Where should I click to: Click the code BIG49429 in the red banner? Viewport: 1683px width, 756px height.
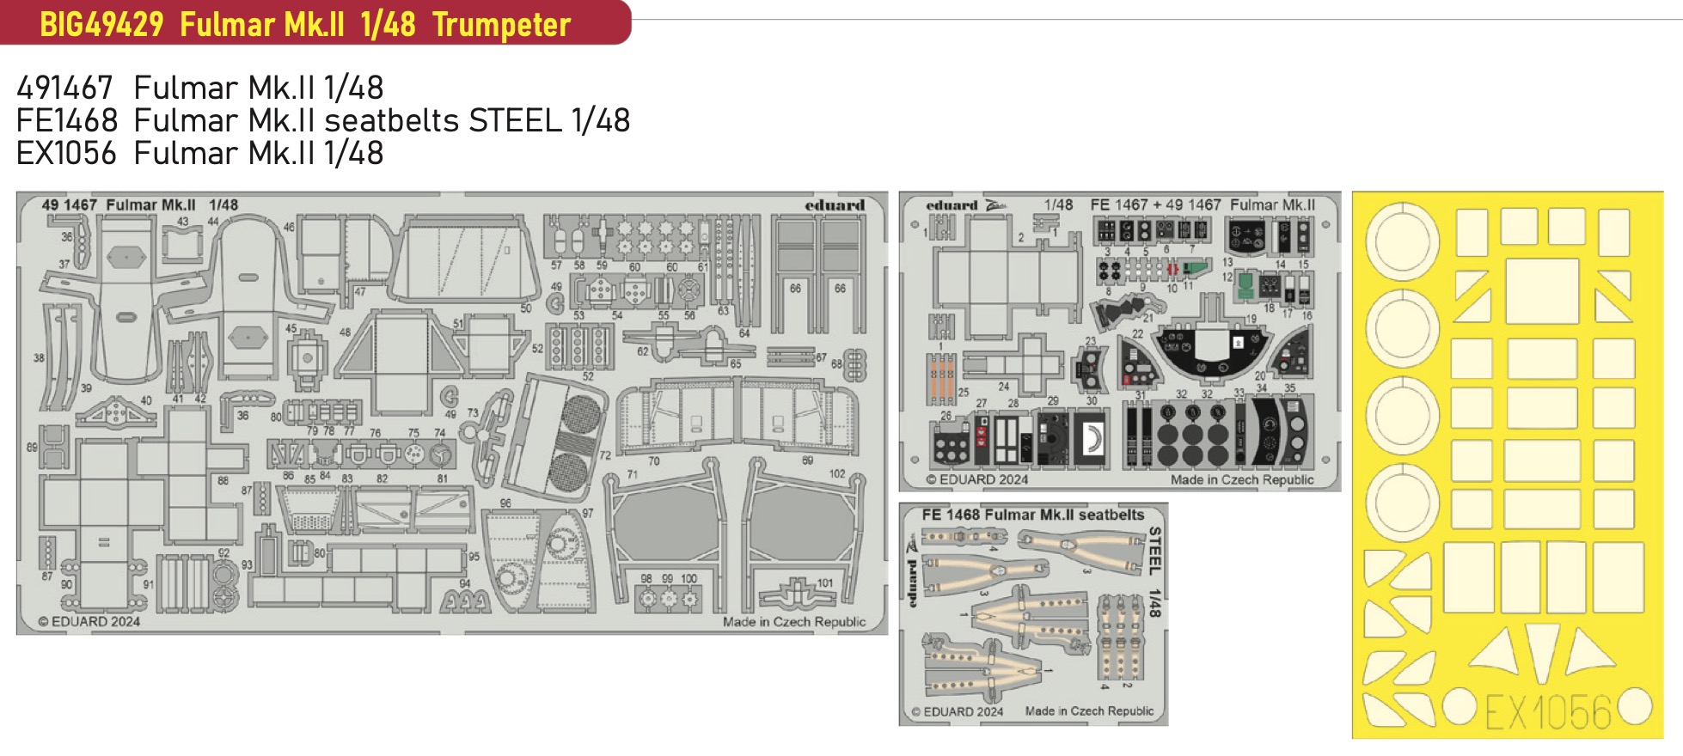click(x=101, y=24)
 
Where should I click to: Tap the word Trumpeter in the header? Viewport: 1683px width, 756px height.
click(x=501, y=24)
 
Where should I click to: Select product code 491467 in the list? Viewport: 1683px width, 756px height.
click(x=64, y=88)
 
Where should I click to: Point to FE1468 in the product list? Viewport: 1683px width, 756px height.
click(x=66, y=120)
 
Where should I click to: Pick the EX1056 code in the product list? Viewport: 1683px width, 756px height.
click(x=66, y=154)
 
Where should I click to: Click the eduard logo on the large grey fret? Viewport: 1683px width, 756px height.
click(x=834, y=205)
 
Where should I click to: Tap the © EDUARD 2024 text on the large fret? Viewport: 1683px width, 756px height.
click(x=89, y=621)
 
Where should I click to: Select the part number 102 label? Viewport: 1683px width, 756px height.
click(x=836, y=473)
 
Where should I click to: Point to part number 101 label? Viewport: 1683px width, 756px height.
click(x=824, y=582)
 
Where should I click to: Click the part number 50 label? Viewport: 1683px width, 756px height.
click(x=525, y=308)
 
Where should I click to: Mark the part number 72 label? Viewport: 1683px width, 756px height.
click(x=604, y=455)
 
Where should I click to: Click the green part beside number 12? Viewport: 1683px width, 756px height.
click(x=1245, y=287)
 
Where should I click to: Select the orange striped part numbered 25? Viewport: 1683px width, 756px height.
click(x=941, y=378)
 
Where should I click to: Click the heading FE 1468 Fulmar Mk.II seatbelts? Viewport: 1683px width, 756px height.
click(x=1032, y=515)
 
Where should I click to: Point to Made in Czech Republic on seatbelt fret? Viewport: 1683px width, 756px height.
click(x=1089, y=710)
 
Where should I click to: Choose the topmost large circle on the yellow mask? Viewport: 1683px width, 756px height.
click(x=1403, y=241)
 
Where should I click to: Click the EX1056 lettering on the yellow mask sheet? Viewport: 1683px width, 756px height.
click(x=1547, y=711)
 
